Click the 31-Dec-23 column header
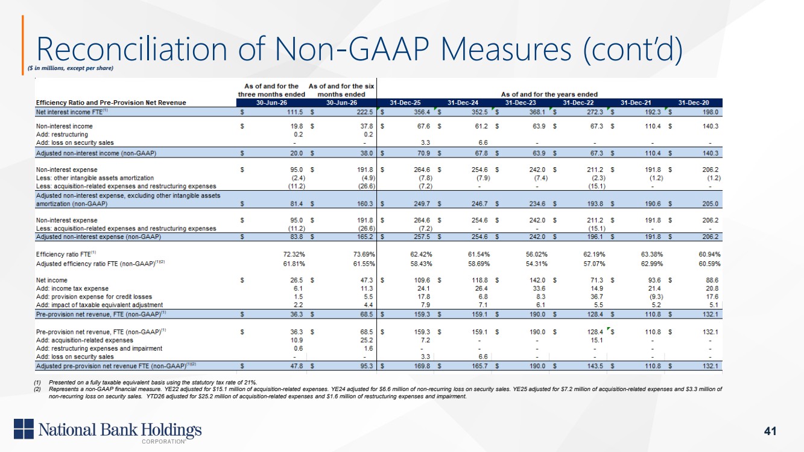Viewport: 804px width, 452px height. pyautogui.click(x=521, y=103)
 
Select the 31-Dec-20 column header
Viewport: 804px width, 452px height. pyautogui.click(x=694, y=103)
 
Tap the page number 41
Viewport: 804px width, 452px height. pyautogui.click(x=770, y=431)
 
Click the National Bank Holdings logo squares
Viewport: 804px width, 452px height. pyautogui.click(x=24, y=428)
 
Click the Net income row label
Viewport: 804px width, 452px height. pyautogui.click(x=52, y=280)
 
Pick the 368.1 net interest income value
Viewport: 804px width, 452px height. pyautogui.click(x=537, y=112)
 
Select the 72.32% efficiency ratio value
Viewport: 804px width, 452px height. pyautogui.click(x=294, y=254)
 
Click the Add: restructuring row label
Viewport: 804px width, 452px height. pyautogui.click(x=62, y=134)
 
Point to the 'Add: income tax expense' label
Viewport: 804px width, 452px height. pyautogui.click(x=72, y=288)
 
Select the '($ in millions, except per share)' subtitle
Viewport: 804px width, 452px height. pyautogui.click(x=71, y=68)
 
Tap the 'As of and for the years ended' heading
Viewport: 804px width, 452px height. pyautogui.click(x=549, y=94)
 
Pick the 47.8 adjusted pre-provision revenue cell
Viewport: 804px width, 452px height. pyautogui.click(x=296, y=366)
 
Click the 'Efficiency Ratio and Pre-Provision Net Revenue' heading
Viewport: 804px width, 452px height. pyautogui.click(x=111, y=103)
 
